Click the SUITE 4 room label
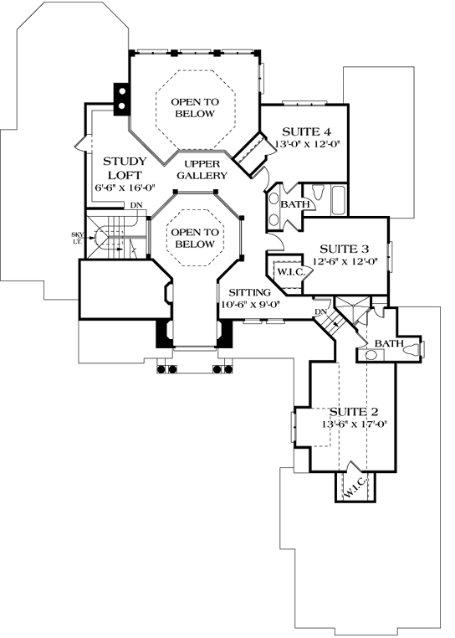coord(306,132)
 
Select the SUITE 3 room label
coord(344,249)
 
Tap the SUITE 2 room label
coord(354,412)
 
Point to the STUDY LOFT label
coord(125,168)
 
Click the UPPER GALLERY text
coord(202,170)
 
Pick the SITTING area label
coord(250,292)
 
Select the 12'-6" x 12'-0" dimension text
coord(345,261)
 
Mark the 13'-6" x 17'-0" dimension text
coord(355,424)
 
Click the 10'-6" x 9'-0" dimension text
coord(251,305)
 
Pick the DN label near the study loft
coord(135,205)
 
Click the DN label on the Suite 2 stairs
coord(320,312)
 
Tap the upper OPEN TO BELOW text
coord(195,107)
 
